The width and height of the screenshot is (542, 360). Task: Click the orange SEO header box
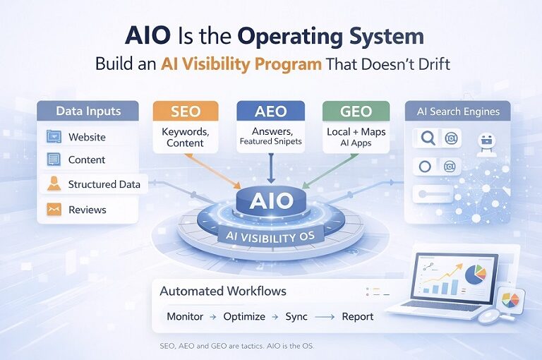coord(186,112)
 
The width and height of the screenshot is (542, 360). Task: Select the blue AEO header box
coord(270,112)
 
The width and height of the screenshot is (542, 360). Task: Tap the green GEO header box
coord(356,112)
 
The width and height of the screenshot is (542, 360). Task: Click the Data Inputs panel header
coord(88,112)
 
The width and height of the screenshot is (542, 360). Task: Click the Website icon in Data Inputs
coord(54,136)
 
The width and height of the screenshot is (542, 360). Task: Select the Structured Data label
coord(104,184)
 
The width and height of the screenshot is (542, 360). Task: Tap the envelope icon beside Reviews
coord(54,210)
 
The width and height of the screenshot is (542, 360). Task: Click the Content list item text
coord(87,160)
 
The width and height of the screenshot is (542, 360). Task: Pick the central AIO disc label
coord(270,201)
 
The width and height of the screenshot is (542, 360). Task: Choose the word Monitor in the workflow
coord(185,316)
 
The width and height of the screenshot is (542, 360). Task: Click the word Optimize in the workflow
coord(244,316)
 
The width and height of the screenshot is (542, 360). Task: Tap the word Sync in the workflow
coord(296,316)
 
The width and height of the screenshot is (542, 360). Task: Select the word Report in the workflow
coord(357,316)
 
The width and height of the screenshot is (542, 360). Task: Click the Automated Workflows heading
coord(223,291)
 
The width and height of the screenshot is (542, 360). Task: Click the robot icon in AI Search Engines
coord(486,141)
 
